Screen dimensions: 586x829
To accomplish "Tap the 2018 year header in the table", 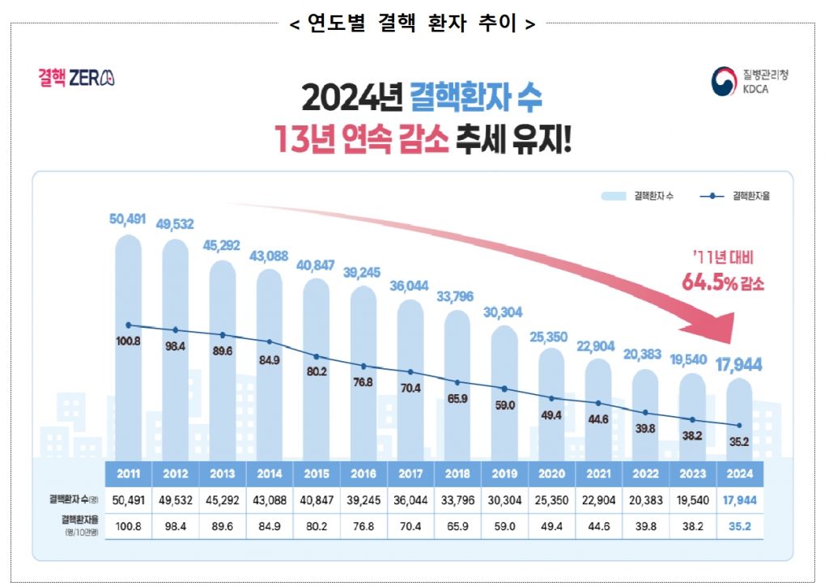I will [457, 474].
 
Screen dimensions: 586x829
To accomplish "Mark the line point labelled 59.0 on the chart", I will [504, 389].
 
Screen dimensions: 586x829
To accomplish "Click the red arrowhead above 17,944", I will [712, 328].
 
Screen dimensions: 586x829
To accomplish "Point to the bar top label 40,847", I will [316, 265].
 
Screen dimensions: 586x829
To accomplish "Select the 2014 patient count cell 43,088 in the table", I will [270, 501].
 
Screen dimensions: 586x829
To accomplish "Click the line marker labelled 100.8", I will [128, 325].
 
